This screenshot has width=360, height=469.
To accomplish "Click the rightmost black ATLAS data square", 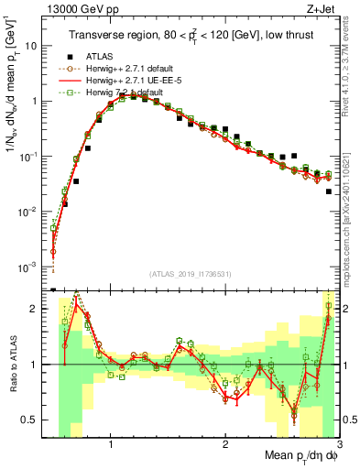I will tap(329, 191).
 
